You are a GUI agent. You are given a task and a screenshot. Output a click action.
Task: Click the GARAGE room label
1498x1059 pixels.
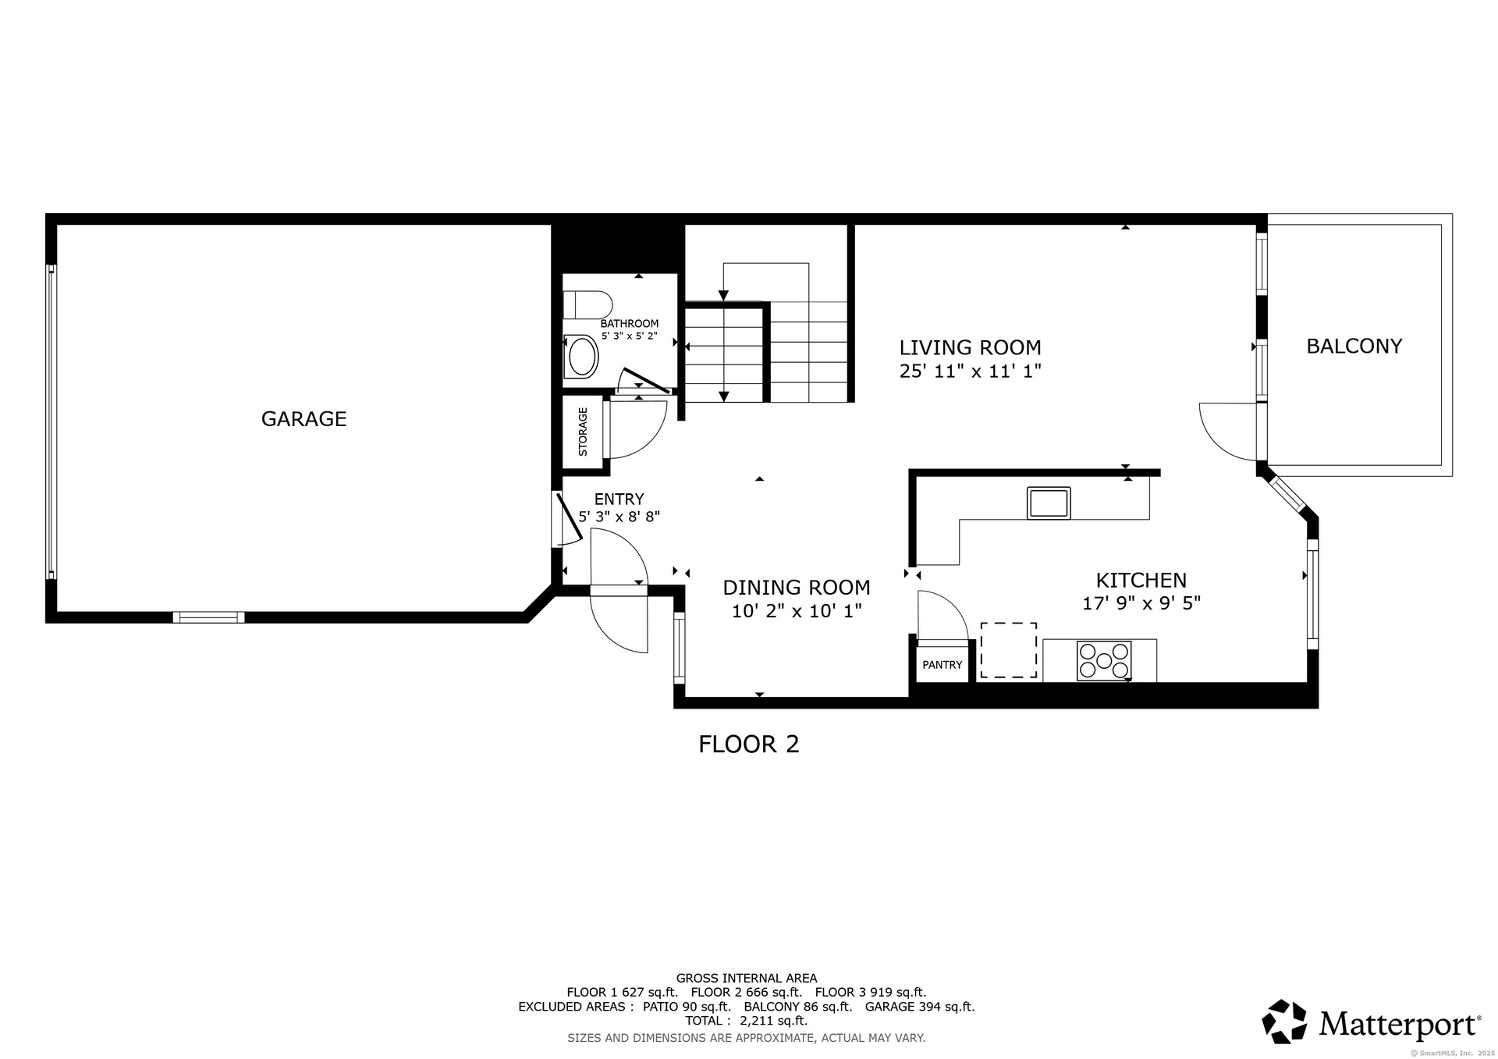(304, 419)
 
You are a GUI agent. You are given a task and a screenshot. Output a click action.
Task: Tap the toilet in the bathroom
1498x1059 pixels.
(587, 304)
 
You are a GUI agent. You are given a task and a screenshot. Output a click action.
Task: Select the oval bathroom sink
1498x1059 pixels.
(581, 357)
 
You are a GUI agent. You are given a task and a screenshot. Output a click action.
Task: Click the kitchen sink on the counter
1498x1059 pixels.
(1049, 503)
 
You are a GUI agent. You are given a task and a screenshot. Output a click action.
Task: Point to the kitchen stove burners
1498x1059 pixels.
(1104, 660)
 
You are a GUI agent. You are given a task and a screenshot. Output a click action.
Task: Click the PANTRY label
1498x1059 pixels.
(942, 665)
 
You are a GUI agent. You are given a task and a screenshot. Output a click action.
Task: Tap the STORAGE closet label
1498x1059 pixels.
(583, 432)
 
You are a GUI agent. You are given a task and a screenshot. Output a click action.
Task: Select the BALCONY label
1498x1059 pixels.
(1354, 346)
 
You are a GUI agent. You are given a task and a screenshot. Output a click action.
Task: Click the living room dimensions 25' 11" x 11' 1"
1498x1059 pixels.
(971, 371)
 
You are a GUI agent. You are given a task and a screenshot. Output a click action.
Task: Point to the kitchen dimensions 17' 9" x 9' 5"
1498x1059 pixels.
(1141, 603)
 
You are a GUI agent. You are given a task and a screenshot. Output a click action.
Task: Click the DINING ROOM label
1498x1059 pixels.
(797, 587)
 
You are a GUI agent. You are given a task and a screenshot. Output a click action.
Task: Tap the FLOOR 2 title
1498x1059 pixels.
(749, 744)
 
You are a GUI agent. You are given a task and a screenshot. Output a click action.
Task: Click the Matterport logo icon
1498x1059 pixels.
(1284, 1022)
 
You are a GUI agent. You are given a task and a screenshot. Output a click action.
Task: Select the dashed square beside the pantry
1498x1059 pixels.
(1009, 650)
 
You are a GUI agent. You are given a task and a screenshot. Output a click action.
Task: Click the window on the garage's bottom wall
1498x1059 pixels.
(208, 617)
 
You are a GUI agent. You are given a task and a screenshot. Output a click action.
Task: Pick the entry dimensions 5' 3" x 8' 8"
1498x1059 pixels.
(619, 517)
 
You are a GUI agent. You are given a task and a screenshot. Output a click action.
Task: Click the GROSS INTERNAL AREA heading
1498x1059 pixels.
(747, 978)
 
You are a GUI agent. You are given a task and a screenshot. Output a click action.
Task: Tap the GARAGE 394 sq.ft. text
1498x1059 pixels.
(920, 1007)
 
